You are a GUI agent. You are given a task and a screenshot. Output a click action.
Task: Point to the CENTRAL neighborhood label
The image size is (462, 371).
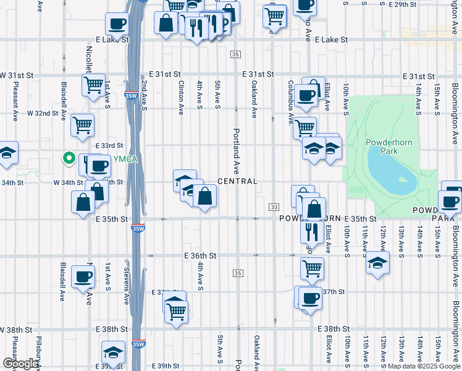(237, 181)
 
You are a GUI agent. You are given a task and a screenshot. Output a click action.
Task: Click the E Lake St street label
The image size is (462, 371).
(331, 40)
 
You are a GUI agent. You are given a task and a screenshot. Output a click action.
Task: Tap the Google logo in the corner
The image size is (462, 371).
(20, 364)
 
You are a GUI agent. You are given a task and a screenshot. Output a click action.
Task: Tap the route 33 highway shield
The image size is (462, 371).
(273, 207)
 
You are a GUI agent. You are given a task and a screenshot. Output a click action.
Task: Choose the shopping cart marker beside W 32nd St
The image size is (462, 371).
(82, 126)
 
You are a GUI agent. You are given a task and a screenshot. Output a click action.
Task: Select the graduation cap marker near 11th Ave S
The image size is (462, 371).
(377, 263)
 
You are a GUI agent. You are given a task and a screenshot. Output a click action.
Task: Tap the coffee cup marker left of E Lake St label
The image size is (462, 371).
(117, 24)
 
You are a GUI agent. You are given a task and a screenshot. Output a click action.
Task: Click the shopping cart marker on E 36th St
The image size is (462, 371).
(312, 268)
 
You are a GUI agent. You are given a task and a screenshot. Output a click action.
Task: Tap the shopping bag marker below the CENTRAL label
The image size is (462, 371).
(205, 197)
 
